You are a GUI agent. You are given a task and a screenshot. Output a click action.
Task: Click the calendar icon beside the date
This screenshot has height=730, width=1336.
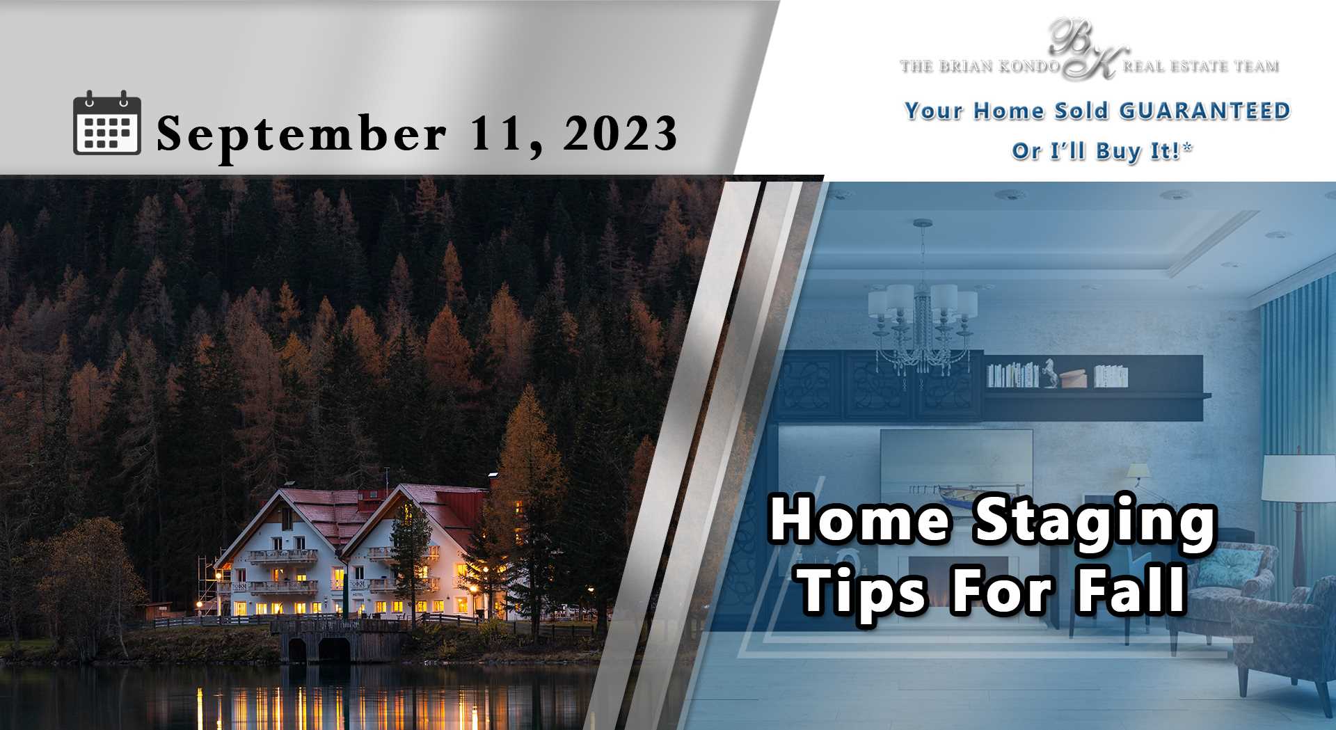107,122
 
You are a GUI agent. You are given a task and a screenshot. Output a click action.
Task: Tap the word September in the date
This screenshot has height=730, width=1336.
301,134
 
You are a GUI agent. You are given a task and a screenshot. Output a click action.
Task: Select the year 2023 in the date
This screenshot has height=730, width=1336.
620,133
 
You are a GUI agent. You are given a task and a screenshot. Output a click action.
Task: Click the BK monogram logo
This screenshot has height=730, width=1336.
1088,49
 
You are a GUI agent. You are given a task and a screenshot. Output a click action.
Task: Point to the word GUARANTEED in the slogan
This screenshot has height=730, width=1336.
1204,111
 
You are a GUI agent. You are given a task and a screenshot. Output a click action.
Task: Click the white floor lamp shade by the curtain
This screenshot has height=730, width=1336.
1298,478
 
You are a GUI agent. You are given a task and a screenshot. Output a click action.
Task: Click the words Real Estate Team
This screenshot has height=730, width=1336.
1200,66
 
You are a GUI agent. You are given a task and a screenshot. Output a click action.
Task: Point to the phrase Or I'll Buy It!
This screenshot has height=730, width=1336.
1102,151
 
